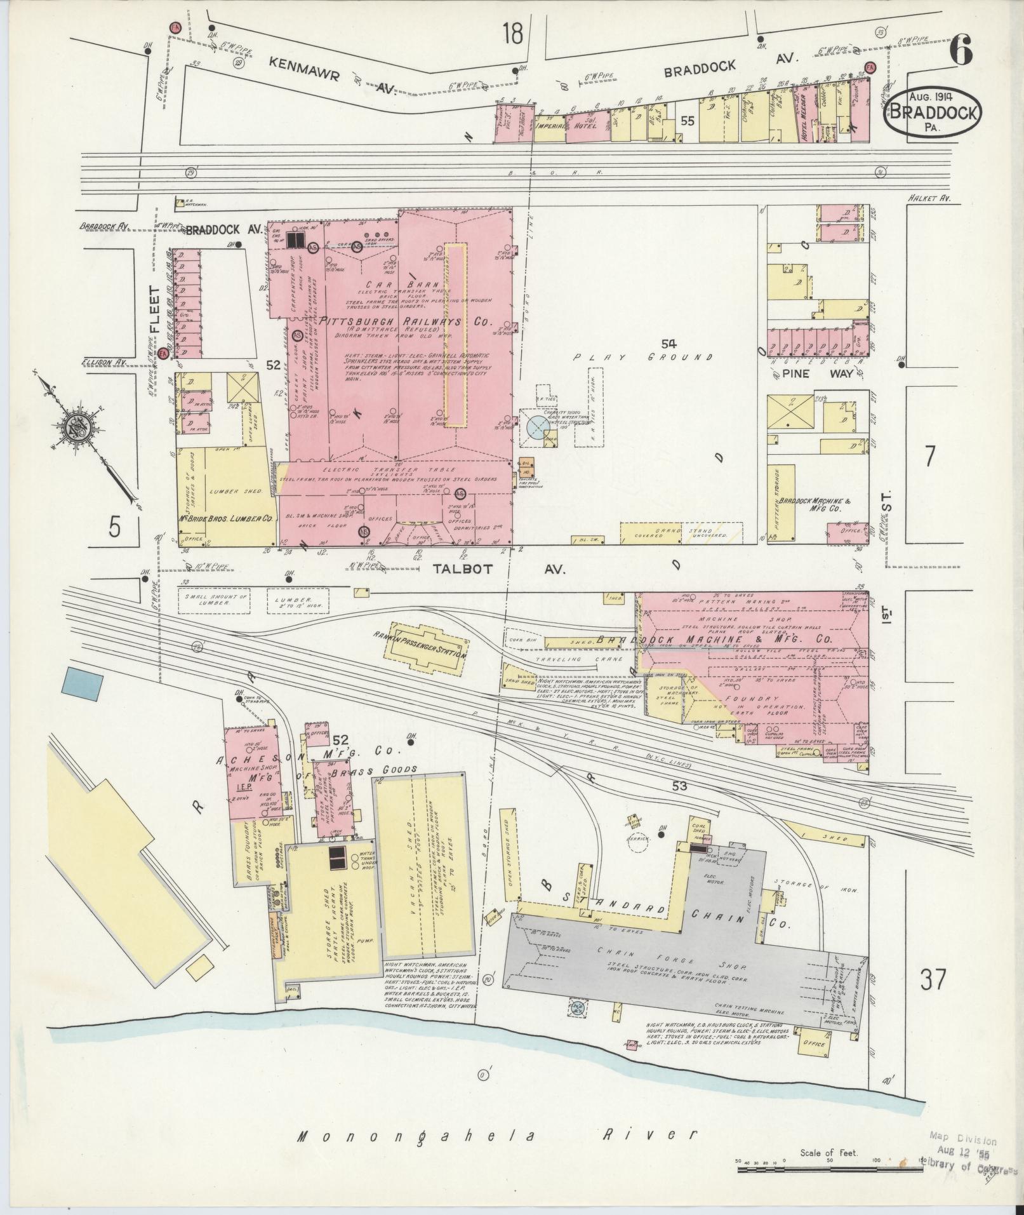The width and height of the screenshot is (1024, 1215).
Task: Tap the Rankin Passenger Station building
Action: point(429,649)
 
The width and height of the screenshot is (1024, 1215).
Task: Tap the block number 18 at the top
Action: point(512,33)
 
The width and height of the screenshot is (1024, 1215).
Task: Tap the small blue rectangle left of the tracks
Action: point(83,685)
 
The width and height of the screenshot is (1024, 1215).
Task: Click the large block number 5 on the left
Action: point(114,527)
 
